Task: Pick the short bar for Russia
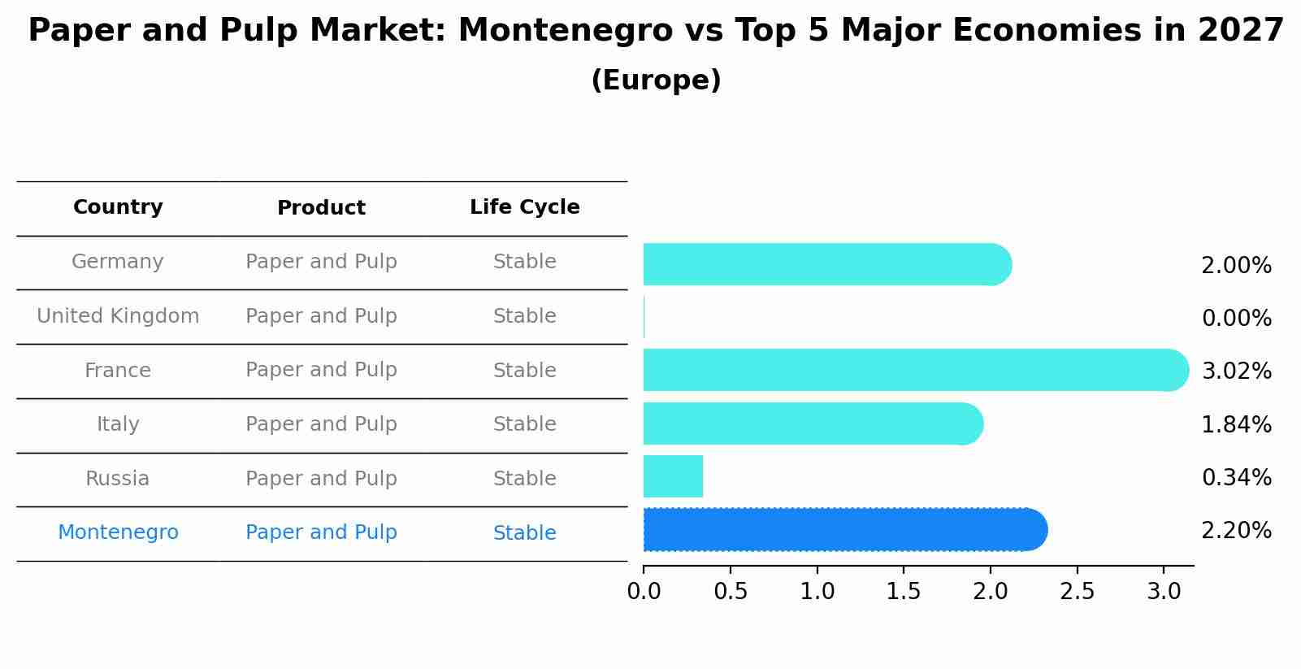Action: [x=673, y=476]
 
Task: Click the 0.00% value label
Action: [x=1236, y=319]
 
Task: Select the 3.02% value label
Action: [x=1236, y=371]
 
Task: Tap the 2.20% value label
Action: [x=1236, y=531]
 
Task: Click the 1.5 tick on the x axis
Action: [x=904, y=592]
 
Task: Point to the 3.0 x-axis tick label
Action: [x=1164, y=592]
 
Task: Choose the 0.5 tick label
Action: [x=731, y=592]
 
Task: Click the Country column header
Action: [x=118, y=207]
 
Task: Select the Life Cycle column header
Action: [x=524, y=207]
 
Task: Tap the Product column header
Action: [x=321, y=208]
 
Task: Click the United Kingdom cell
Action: [x=118, y=316]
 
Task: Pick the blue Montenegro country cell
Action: [x=118, y=532]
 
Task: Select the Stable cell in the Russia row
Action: [x=524, y=479]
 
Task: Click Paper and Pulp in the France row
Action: [x=321, y=370]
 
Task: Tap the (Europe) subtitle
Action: [x=656, y=80]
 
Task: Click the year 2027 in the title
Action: [x=1240, y=31]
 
